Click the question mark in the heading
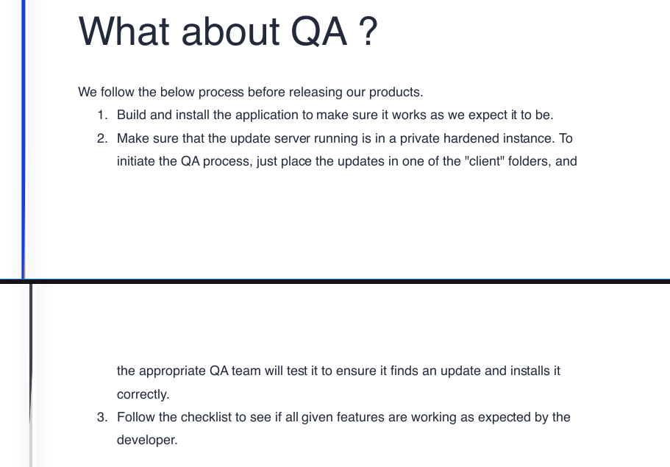click(368, 31)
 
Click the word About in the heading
click(230, 31)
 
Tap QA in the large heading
click(318, 32)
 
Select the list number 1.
click(102, 115)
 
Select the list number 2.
click(102, 138)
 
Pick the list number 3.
click(102, 417)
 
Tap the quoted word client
click(485, 161)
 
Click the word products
click(396, 93)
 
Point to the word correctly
click(143, 395)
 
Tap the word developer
click(147, 441)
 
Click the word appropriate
click(173, 371)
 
